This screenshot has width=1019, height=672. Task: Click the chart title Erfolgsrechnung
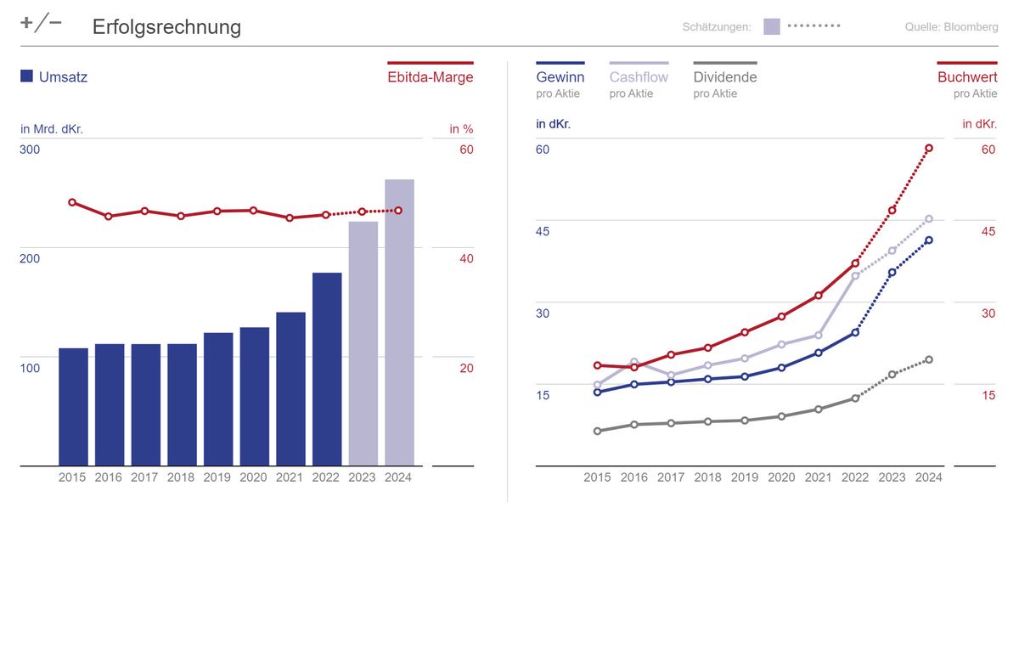[x=166, y=27]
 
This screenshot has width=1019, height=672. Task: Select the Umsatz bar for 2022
[x=327, y=369]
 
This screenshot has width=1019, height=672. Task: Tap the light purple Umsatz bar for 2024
[x=399, y=322]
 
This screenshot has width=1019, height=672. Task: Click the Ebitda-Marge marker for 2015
[x=72, y=202]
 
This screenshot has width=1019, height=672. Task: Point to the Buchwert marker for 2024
[x=929, y=148]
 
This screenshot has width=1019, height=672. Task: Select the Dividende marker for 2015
[x=597, y=431]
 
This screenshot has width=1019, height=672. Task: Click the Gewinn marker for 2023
[x=892, y=273]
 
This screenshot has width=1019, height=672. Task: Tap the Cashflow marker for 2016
[x=634, y=362]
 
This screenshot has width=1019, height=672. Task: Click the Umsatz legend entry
[x=54, y=77]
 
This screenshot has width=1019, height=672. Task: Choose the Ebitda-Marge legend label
[x=430, y=77]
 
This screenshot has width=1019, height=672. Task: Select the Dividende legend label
[x=724, y=77]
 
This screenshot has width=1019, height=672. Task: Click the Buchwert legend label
[x=967, y=77]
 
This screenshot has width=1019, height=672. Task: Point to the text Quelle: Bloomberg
[x=951, y=27]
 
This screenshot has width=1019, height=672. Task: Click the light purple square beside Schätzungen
[x=771, y=26]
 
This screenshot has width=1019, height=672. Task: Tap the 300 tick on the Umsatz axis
[x=31, y=150]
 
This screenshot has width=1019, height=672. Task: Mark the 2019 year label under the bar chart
[x=217, y=477]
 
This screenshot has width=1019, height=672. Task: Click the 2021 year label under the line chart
[x=818, y=477]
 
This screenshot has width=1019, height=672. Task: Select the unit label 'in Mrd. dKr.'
[x=52, y=129]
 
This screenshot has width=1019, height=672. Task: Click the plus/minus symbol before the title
[x=41, y=24]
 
